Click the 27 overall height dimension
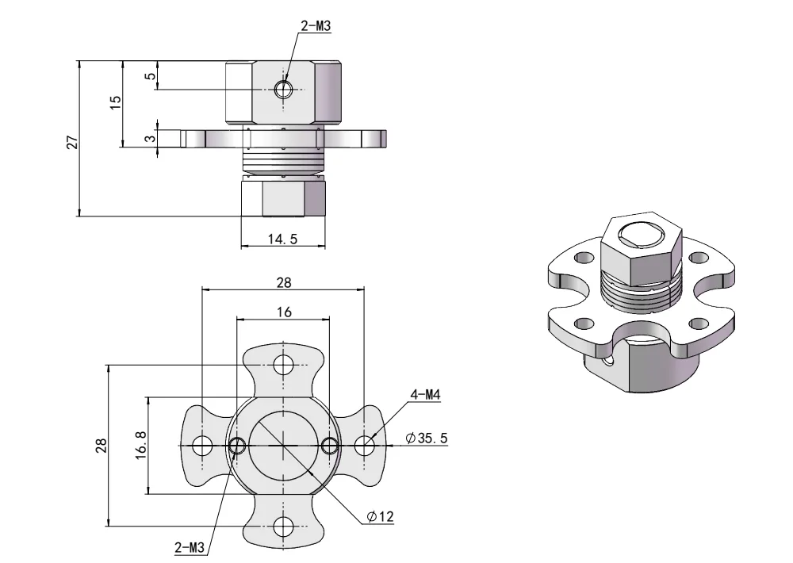click(72, 141)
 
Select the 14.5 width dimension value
click(282, 239)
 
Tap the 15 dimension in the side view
click(116, 102)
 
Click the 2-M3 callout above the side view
click(316, 26)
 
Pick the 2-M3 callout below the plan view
click(190, 546)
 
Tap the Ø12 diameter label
click(381, 517)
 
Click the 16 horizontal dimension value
click(283, 312)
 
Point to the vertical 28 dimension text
click(102, 446)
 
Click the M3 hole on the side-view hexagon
click(283, 89)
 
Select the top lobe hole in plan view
click(283, 365)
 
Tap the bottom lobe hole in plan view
click(283, 527)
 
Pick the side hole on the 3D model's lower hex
click(609, 364)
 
